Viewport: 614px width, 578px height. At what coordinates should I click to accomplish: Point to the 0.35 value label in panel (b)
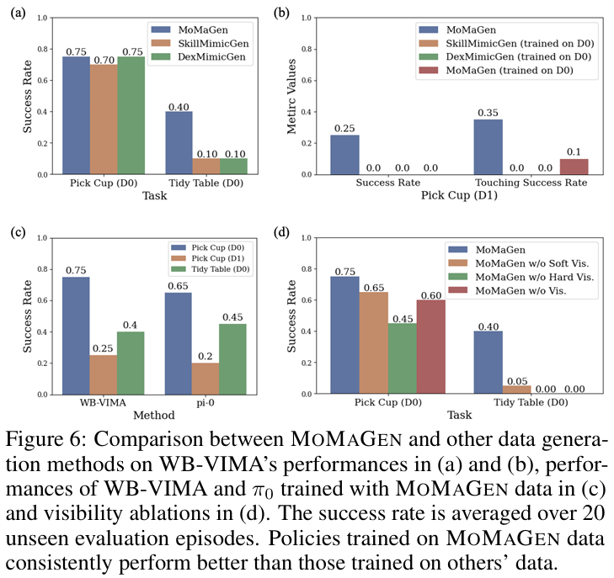[x=489, y=113]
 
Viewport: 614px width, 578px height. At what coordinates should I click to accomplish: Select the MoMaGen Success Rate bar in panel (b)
[x=344, y=155]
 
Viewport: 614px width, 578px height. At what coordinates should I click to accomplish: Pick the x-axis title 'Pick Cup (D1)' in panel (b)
[x=457, y=196]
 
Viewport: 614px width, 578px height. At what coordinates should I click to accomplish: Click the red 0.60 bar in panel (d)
[x=431, y=347]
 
